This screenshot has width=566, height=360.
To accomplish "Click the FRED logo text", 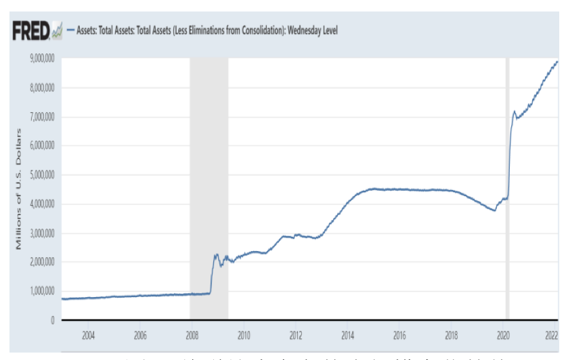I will pyautogui.click(x=31, y=30).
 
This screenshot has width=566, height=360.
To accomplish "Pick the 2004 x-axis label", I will pyautogui.click(x=88, y=334).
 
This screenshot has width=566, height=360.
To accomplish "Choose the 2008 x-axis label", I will pyautogui.click(x=192, y=334).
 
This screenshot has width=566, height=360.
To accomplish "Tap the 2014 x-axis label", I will pyautogui.click(x=347, y=334).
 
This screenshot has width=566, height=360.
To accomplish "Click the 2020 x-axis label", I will pyautogui.click(x=503, y=334).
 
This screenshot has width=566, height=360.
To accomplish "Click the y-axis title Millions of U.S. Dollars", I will pyautogui.click(x=20, y=187).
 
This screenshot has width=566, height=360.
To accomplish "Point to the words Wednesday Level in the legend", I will pyautogui.click(x=312, y=30).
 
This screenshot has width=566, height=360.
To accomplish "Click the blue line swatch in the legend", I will pyautogui.click(x=70, y=30).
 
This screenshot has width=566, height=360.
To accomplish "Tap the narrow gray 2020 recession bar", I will pyautogui.click(x=507, y=189).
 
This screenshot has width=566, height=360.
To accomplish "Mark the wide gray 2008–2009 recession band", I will pyautogui.click(x=209, y=189).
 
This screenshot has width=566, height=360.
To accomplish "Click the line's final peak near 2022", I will pyautogui.click(x=557, y=62).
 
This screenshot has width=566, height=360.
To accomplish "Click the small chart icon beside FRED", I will pyautogui.click(x=58, y=30).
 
